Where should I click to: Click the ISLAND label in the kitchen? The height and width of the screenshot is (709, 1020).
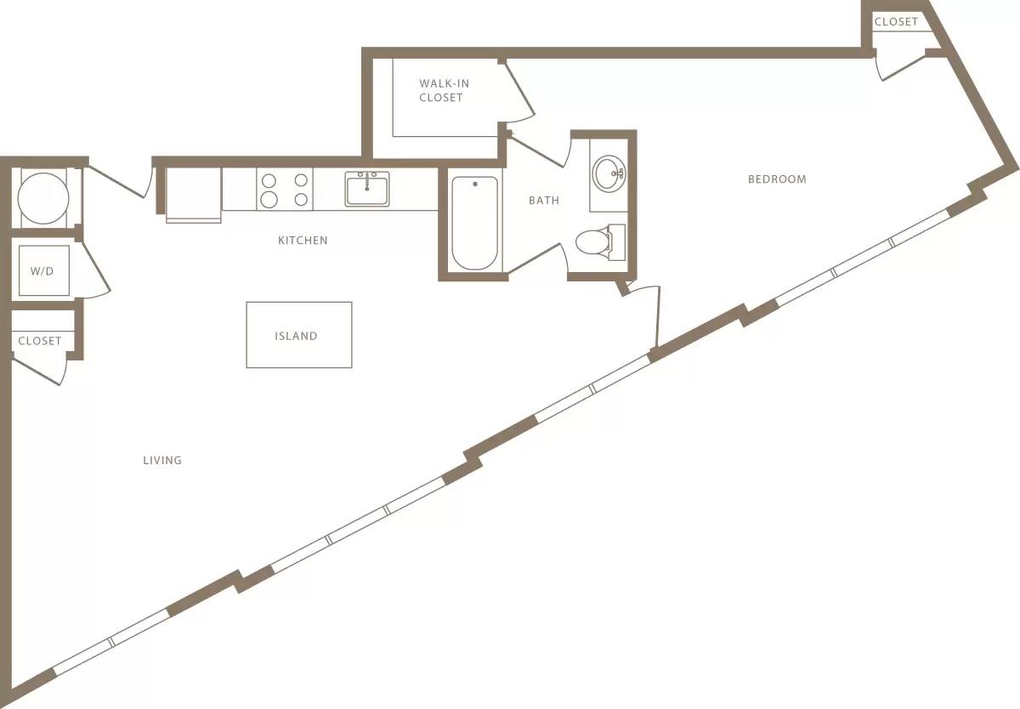[296, 336]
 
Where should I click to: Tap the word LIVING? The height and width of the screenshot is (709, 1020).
[162, 460]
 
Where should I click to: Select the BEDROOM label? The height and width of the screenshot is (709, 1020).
[777, 179]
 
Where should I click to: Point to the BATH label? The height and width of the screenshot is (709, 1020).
[544, 201]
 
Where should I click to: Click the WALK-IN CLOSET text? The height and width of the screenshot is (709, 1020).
[441, 91]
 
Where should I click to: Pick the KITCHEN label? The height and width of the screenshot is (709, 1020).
[303, 241]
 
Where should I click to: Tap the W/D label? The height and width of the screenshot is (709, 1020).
[41, 272]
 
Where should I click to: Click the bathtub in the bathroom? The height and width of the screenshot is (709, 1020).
[474, 222]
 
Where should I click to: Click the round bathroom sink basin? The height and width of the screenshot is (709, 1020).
[609, 173]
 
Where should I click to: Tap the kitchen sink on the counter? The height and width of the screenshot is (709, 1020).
[367, 189]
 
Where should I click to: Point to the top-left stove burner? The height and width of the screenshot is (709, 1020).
[269, 180]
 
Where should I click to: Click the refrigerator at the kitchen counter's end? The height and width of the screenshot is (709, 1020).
[194, 194]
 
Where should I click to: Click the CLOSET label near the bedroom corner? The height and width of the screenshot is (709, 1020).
[896, 21]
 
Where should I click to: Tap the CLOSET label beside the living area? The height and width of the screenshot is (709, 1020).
[40, 341]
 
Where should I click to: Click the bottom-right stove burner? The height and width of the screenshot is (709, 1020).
[300, 200]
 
